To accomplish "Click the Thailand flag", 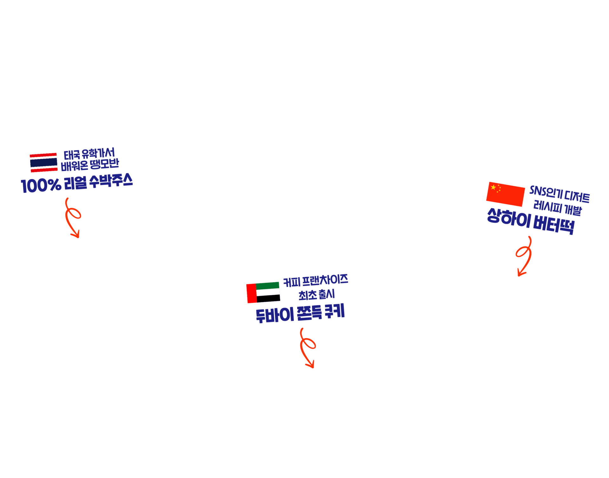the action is [43, 163].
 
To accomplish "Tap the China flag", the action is [505, 194].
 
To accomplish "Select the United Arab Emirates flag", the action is [263, 293].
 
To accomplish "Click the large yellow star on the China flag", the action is [493, 187].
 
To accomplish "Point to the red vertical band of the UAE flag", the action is [252, 293].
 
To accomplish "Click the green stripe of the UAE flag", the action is [267, 286].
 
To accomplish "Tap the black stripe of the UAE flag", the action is [268, 299].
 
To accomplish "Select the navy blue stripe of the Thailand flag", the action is [44, 163].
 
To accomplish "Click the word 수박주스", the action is [111, 181].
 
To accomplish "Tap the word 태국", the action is [72, 155].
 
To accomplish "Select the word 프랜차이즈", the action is [325, 280].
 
